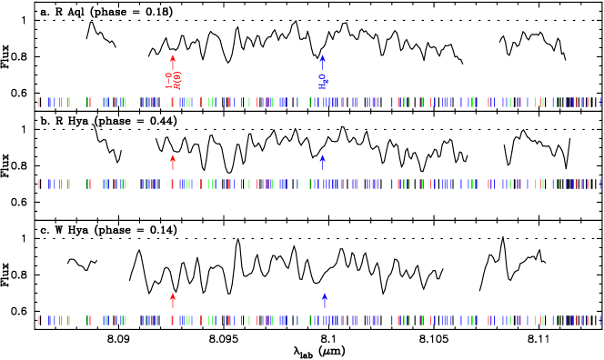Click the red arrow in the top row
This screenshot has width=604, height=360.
pos(173,62)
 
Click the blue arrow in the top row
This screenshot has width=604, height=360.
pos(322,62)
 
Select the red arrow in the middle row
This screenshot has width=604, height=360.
pos(173,162)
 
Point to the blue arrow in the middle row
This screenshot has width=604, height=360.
pos(322,162)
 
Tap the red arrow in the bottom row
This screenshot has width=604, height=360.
pos(173,300)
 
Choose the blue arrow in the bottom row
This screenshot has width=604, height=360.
pos(325,300)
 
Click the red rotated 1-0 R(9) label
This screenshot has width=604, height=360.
pos(173,80)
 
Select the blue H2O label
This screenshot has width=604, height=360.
pos(323,82)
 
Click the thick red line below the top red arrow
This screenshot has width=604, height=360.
pos(173,102)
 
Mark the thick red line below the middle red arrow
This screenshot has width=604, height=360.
pos(173,184)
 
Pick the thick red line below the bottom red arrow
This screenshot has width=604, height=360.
pos(173,320)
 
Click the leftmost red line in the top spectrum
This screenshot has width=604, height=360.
pos(38,102)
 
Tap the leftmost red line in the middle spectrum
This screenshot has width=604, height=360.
pos(38,184)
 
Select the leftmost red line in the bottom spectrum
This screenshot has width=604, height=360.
pos(38,320)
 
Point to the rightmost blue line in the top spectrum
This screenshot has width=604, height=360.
pos(600,102)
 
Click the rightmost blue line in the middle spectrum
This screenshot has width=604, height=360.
pos(600,184)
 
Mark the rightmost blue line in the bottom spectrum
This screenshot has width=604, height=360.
pos(600,320)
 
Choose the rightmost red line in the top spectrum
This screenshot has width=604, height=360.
pos(588,102)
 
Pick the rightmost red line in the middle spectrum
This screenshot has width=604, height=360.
pos(588,184)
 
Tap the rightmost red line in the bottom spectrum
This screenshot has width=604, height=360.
pos(588,320)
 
